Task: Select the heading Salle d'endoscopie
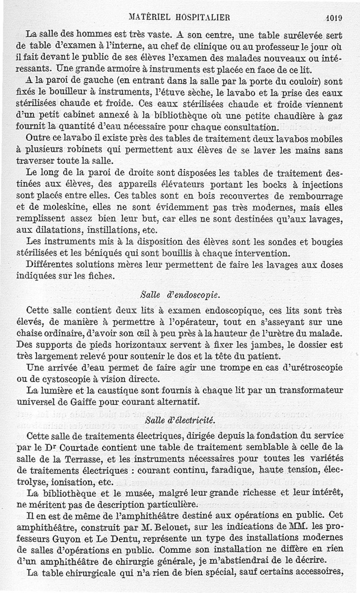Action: click(x=174, y=295)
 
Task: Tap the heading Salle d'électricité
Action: click(x=174, y=421)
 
